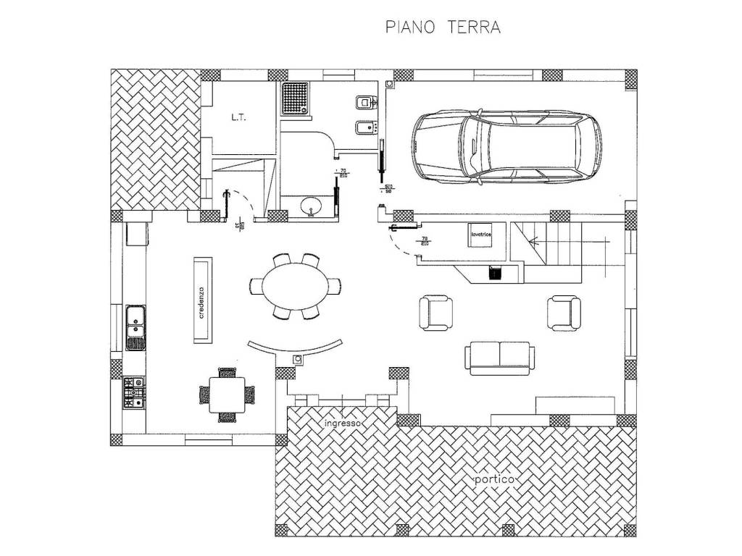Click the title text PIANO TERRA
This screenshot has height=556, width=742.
(x=443, y=28)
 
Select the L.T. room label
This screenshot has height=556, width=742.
(x=239, y=118)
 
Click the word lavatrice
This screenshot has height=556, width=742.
(x=481, y=235)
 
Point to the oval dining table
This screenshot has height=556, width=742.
(x=293, y=286)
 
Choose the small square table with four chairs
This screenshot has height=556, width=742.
(x=227, y=394)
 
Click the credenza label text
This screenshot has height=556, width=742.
(x=203, y=302)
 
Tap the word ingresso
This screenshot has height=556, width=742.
(x=343, y=422)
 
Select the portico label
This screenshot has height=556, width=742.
(x=494, y=479)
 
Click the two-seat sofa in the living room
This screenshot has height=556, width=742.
(x=501, y=358)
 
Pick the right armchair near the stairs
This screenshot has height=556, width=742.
(x=564, y=311)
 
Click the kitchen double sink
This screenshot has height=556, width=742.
(x=135, y=327)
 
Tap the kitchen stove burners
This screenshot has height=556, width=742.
(x=134, y=392)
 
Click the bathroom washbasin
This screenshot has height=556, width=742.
(x=313, y=206)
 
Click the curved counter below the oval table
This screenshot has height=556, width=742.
(x=295, y=348)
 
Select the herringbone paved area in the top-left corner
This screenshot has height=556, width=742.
(x=154, y=138)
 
